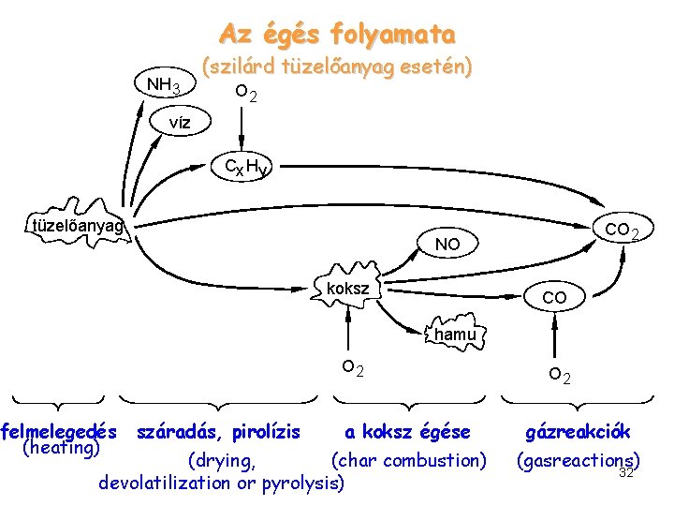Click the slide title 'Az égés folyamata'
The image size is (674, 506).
(337, 35)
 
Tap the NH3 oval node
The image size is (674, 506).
(165, 86)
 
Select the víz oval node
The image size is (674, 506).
(182, 123)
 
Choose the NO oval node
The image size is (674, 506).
(447, 244)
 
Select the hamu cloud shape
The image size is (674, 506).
(455, 334)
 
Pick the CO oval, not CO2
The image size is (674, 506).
(554, 297)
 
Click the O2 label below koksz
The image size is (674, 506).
(352, 369)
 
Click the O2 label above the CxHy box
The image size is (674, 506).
(247, 94)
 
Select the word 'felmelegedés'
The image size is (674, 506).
(60, 432)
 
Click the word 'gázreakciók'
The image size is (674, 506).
(578, 432)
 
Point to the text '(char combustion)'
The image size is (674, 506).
(409, 460)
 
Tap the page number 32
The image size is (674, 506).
(627, 473)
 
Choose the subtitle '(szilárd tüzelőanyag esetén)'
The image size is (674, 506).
(338, 67)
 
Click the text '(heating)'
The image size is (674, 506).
(60, 449)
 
